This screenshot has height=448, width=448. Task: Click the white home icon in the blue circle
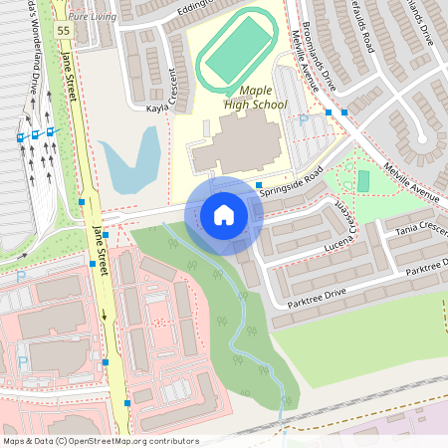coord(223,214)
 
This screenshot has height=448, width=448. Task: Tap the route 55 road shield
coord(64,31)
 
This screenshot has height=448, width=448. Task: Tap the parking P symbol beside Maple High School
coord(303,119)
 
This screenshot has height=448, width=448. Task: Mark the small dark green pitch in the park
coord(363,181)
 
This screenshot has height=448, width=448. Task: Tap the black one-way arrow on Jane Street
coord(104,317)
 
